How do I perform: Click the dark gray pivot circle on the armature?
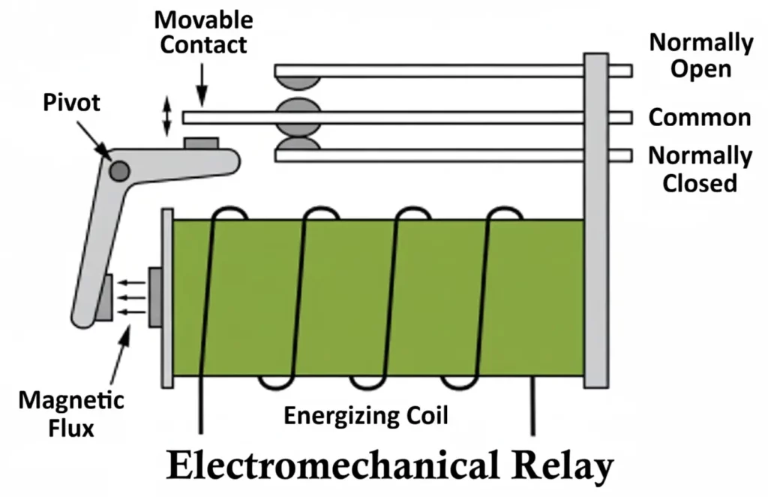click(x=118, y=171)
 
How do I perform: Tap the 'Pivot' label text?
click(x=71, y=104)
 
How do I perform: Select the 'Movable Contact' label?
click(x=203, y=32)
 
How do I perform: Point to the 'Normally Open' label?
click(x=700, y=56)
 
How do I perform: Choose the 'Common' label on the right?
click(x=699, y=118)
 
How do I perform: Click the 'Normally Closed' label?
click(x=699, y=169)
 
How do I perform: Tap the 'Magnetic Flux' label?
click(x=71, y=413)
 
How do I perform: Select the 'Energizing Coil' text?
click(x=366, y=416)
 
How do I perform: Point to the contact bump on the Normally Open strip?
click(x=298, y=82)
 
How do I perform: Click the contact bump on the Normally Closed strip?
click(x=298, y=146)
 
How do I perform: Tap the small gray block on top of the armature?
click(x=201, y=143)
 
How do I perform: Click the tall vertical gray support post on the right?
click(x=595, y=218)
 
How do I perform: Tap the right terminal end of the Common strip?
click(x=620, y=118)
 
